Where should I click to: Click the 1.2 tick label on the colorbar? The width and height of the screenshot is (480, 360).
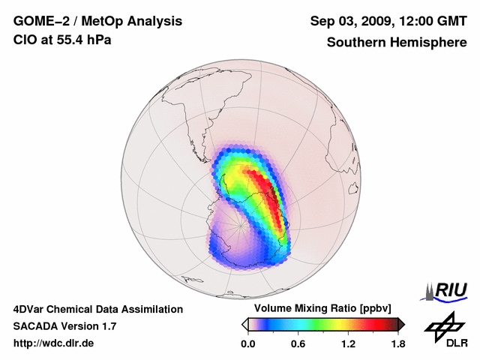pos(347,344)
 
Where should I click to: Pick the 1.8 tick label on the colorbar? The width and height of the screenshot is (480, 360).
pos(397,344)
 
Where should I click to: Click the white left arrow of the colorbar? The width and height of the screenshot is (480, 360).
pos(244,324)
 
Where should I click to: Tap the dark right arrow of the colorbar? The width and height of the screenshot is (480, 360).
pos(400,324)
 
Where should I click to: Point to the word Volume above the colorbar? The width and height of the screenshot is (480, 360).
pos(274,308)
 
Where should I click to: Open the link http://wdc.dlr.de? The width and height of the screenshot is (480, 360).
pos(54,343)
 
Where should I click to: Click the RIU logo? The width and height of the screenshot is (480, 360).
pos(448,290)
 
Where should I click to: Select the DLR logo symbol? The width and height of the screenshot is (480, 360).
pos(442,325)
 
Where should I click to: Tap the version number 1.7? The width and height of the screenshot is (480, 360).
pos(107,326)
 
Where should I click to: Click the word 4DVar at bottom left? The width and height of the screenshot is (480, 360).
pos(30,309)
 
